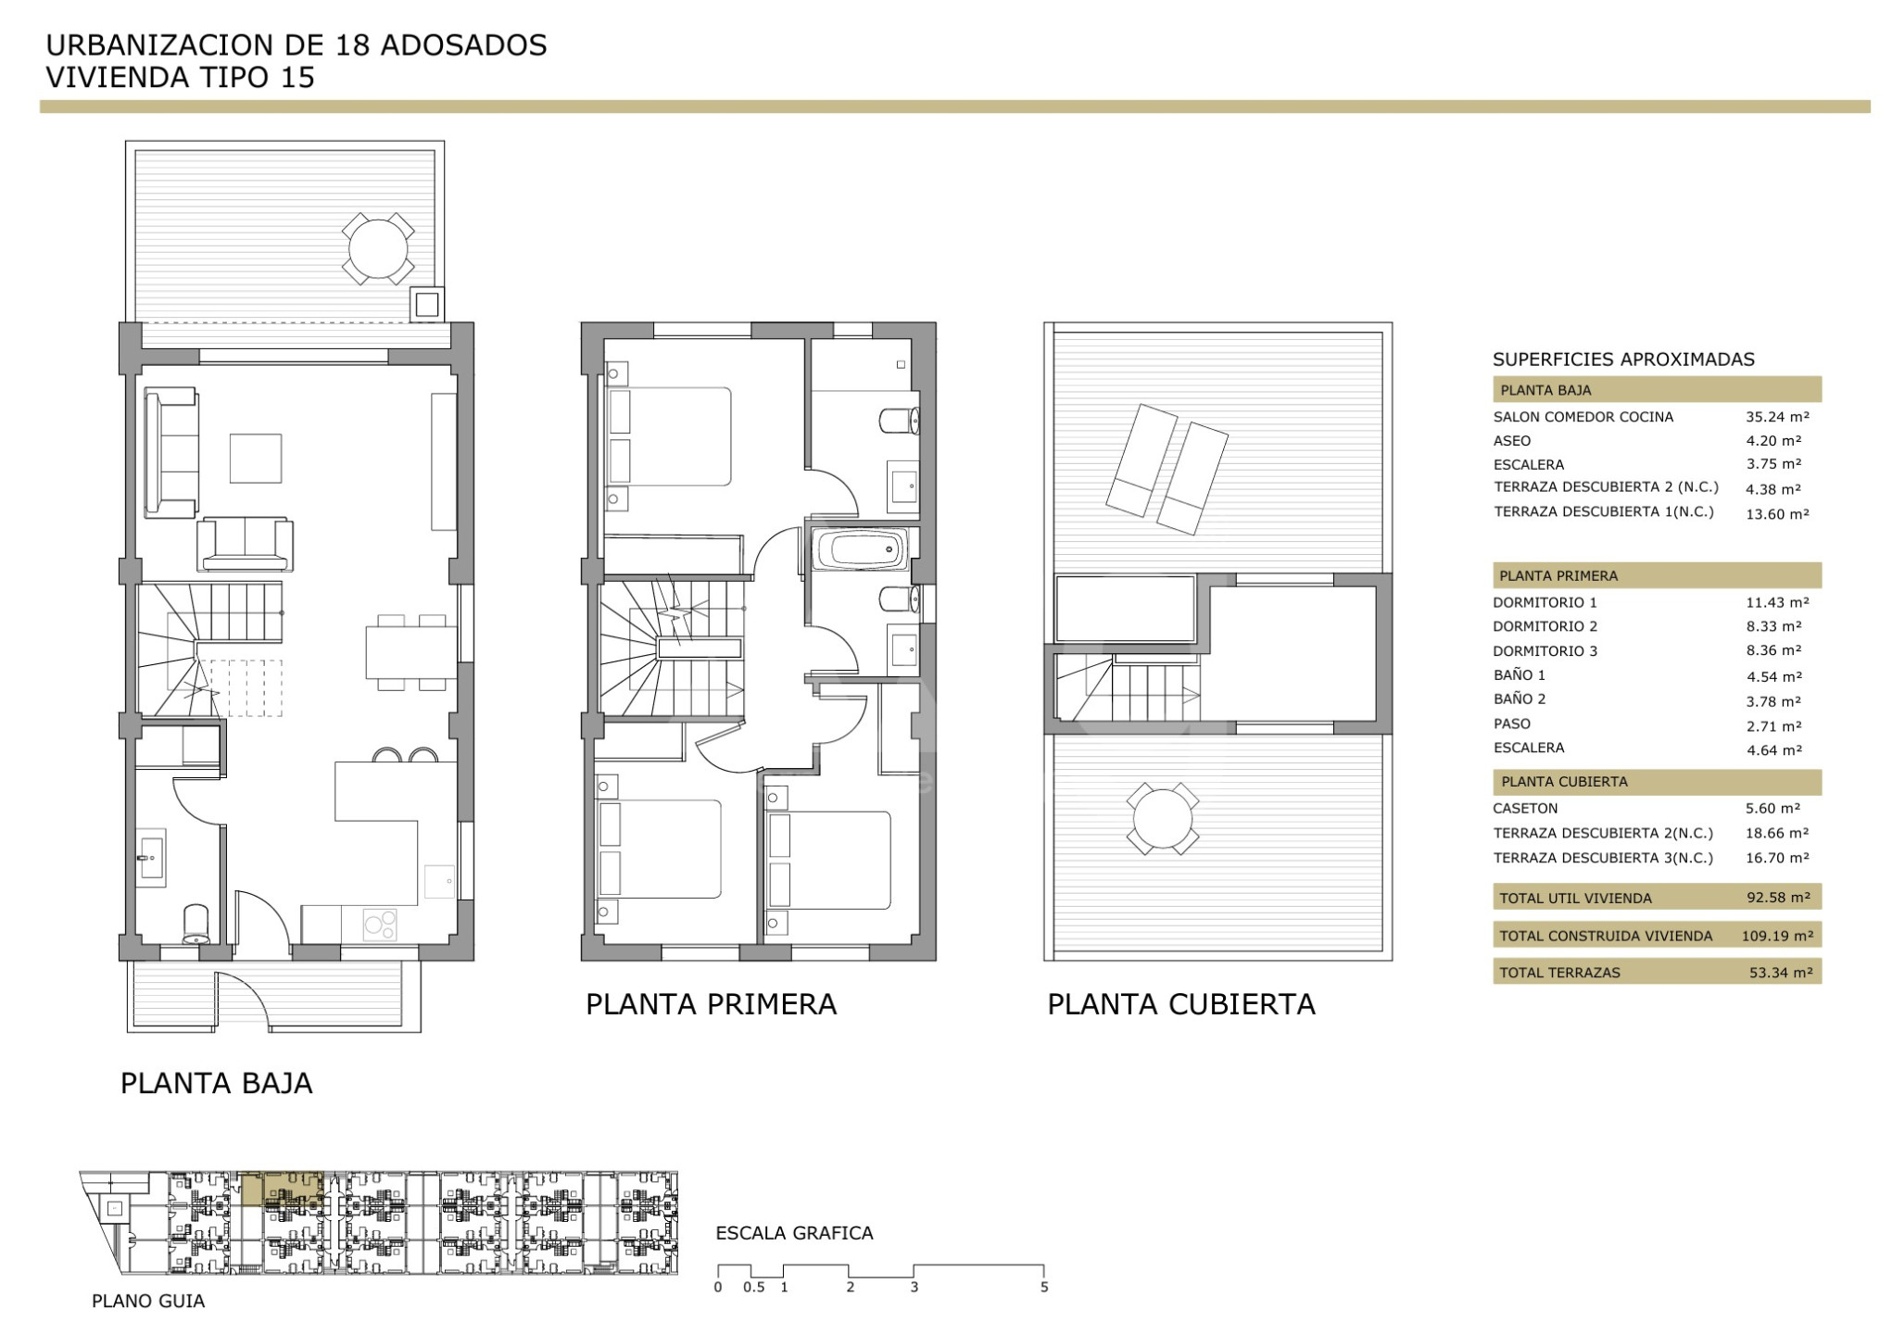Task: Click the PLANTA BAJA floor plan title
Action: click(217, 1083)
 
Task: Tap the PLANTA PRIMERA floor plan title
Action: click(711, 1004)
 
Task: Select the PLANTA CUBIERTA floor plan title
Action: click(1181, 1004)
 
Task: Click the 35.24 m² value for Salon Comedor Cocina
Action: click(1777, 417)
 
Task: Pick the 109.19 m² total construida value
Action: click(1777, 936)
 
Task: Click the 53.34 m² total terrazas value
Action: click(1779, 973)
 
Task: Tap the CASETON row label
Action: click(1525, 809)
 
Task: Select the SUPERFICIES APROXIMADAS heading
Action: click(1623, 359)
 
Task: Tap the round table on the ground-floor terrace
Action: click(378, 248)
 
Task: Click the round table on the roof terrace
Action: click(1163, 819)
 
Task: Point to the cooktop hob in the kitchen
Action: click(379, 924)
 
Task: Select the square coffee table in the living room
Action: click(256, 459)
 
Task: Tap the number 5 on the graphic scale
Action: click(1044, 1287)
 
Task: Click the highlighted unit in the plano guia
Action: click(282, 1189)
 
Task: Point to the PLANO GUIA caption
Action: click(148, 1302)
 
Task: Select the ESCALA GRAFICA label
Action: click(794, 1233)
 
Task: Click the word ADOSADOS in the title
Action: click(463, 45)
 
